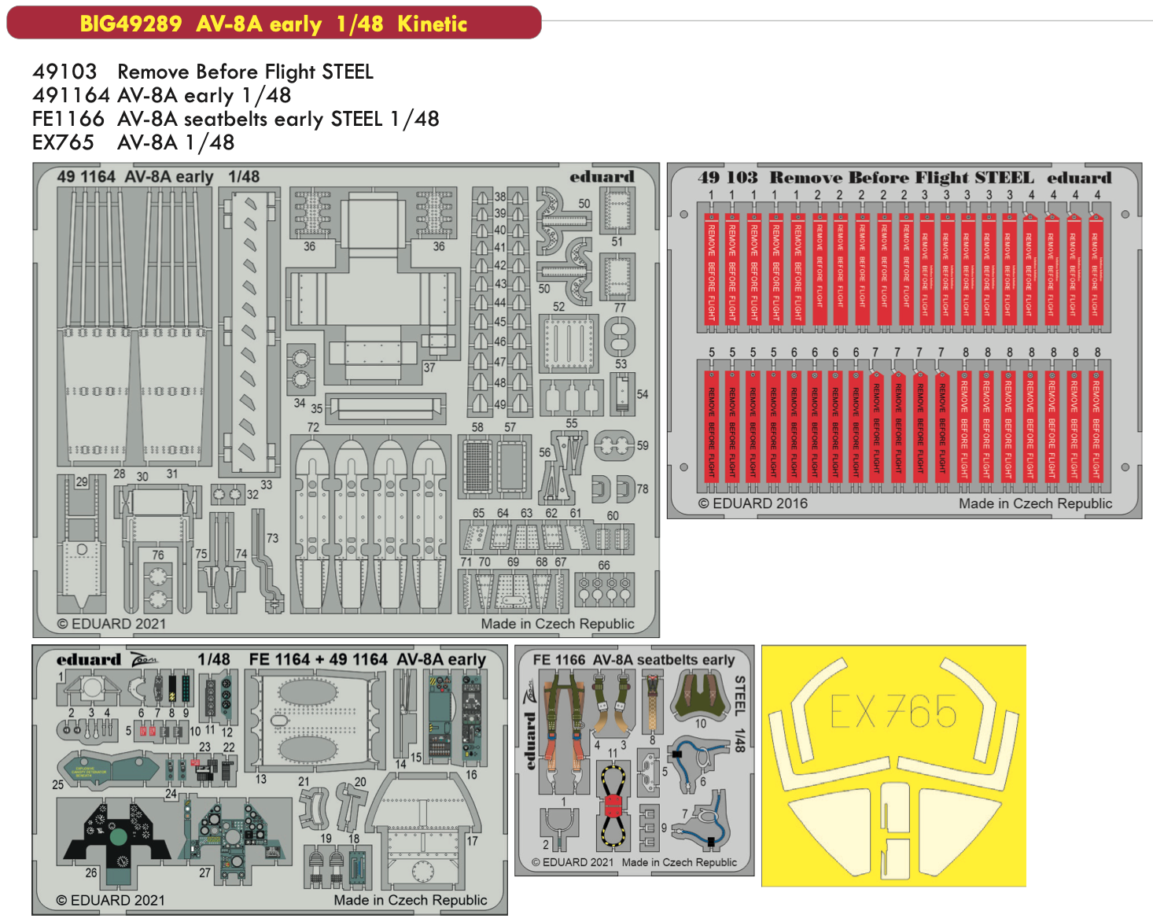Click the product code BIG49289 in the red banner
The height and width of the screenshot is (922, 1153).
click(131, 24)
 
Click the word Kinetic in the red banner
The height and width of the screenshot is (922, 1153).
click(432, 24)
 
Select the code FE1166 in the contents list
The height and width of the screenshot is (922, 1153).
click(68, 119)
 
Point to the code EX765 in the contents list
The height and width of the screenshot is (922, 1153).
click(63, 142)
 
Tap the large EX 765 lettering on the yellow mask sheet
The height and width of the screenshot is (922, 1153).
click(893, 713)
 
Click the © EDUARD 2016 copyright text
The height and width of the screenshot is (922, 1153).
click(753, 503)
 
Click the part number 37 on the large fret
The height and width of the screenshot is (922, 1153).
click(429, 367)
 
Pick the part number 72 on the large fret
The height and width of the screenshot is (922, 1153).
click(313, 427)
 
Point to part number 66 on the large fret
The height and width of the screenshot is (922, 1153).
click(603, 565)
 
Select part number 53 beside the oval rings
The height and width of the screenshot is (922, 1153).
click(621, 363)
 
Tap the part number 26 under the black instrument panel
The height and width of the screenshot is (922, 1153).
click(91, 872)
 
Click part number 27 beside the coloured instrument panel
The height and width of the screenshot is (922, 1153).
click(204, 872)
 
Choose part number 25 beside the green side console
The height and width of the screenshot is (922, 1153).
click(58, 784)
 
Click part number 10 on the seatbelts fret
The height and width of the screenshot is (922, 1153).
click(700, 724)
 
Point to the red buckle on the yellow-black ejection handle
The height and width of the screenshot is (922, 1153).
click(613, 806)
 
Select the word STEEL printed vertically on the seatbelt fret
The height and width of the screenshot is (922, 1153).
click(739, 695)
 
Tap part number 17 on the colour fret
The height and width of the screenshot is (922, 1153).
click(472, 840)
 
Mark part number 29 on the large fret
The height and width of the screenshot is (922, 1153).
click(82, 481)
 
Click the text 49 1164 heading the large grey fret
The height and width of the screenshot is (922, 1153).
click(86, 177)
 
